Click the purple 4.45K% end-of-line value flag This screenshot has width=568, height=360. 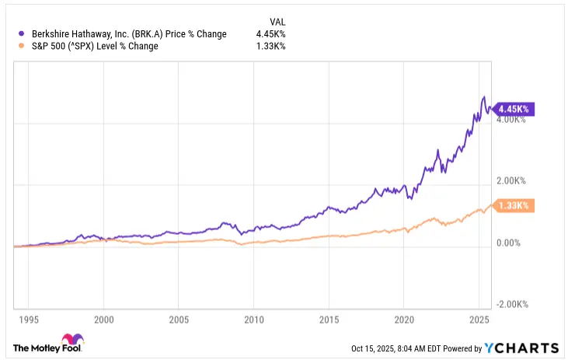pyautogui.click(x=513, y=110)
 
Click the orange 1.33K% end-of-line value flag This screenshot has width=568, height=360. pyautogui.click(x=513, y=205)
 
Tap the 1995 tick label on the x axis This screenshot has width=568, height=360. pyautogui.click(x=29, y=319)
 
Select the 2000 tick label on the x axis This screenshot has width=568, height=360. pyautogui.click(x=104, y=319)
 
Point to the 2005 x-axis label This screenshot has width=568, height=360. pyautogui.click(x=179, y=319)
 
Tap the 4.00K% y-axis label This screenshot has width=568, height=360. pyautogui.click(x=511, y=120)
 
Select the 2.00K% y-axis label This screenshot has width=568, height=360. pyautogui.click(x=511, y=181)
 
